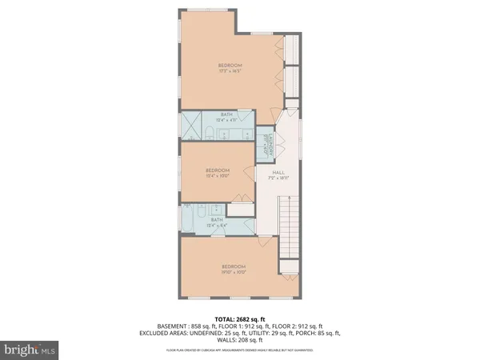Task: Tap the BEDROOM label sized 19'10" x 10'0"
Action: coord(234,269)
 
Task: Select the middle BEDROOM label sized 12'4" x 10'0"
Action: coord(218,173)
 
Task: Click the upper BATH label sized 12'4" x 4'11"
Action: coord(226,117)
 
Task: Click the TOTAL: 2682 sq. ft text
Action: coord(239,318)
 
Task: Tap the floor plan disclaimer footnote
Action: coord(239,350)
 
